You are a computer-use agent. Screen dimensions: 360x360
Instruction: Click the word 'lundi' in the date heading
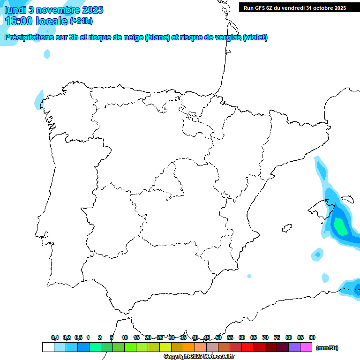15,10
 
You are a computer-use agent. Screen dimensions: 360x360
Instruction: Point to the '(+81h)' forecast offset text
82,21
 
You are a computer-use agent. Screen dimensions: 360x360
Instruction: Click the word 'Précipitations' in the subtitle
28,37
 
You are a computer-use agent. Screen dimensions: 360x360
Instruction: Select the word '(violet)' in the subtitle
255,37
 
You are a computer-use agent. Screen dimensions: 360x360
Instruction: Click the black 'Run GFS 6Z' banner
295,8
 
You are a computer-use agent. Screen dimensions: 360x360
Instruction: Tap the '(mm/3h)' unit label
327,348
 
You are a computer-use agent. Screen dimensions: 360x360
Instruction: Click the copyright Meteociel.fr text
199,357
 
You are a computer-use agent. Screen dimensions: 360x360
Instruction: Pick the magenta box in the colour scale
306,347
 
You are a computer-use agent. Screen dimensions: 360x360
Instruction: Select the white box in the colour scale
48,347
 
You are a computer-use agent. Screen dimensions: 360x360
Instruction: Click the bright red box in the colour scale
247,347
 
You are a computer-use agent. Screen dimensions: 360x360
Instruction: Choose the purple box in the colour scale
294,347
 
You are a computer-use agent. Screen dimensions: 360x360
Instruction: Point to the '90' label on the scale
312,337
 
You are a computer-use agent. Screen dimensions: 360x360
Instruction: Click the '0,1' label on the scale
55,337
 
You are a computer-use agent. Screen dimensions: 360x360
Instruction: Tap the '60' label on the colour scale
242,337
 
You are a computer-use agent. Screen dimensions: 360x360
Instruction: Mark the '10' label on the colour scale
125,337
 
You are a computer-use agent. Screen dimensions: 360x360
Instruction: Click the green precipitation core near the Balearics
340,227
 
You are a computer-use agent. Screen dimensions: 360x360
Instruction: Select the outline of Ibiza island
286,229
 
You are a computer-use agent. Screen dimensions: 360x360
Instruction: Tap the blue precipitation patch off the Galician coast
39,99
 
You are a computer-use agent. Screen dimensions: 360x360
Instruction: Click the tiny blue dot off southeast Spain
249,276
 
